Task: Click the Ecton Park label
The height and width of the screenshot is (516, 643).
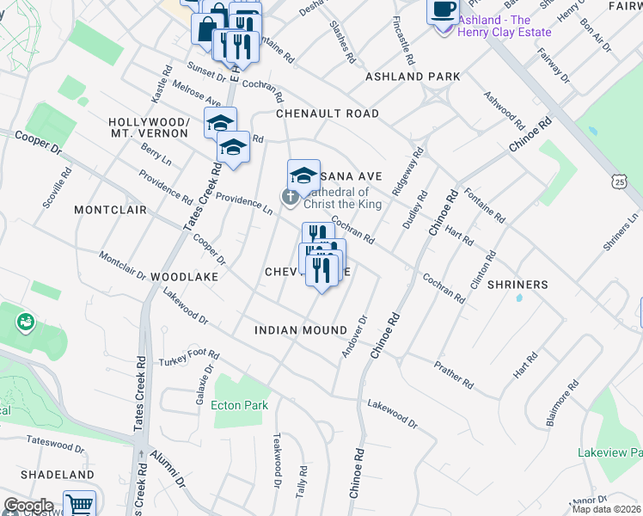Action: (240, 405)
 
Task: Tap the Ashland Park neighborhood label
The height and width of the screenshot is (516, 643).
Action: (413, 77)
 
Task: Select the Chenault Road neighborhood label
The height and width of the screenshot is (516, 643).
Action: (328, 114)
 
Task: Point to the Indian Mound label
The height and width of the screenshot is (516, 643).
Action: (301, 330)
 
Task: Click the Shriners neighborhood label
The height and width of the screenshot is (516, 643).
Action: (517, 285)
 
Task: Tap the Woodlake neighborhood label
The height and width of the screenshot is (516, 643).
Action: (181, 278)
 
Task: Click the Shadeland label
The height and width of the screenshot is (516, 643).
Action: (57, 475)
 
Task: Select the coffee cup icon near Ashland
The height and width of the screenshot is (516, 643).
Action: (444, 9)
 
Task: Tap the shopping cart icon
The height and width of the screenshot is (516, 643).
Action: (79, 505)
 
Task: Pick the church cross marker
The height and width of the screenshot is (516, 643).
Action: (291, 198)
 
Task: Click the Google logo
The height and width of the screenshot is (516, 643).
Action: (28, 506)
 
